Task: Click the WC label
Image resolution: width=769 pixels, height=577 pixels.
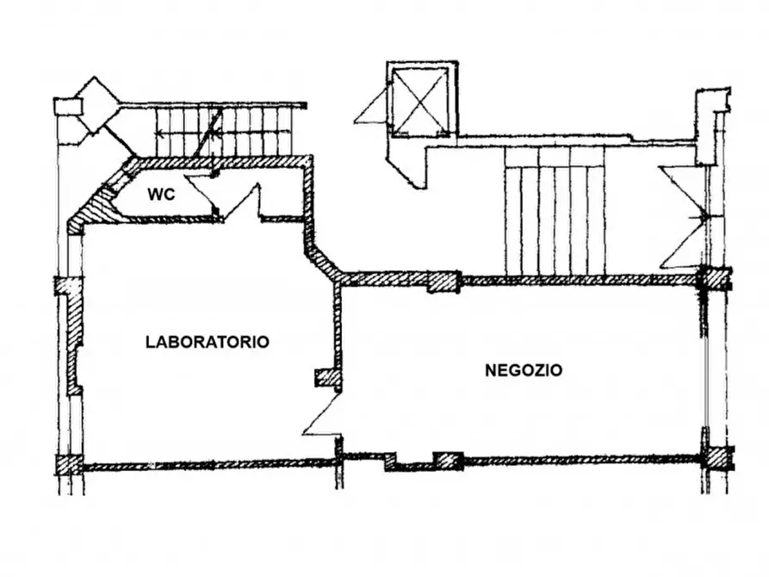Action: [x=161, y=195]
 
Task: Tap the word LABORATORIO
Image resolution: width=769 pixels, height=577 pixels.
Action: [x=208, y=342]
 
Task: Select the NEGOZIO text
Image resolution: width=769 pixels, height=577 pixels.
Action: [x=524, y=371]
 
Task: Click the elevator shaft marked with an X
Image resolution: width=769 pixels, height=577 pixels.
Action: [x=419, y=100]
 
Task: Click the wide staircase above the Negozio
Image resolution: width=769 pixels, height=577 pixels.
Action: [x=555, y=212]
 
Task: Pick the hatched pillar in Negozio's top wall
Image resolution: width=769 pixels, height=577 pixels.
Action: [x=443, y=282]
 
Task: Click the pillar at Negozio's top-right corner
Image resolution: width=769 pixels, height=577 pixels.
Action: [x=713, y=278]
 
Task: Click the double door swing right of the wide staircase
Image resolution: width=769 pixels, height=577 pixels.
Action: [x=684, y=215]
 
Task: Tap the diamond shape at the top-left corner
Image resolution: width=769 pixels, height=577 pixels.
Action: [x=96, y=105]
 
